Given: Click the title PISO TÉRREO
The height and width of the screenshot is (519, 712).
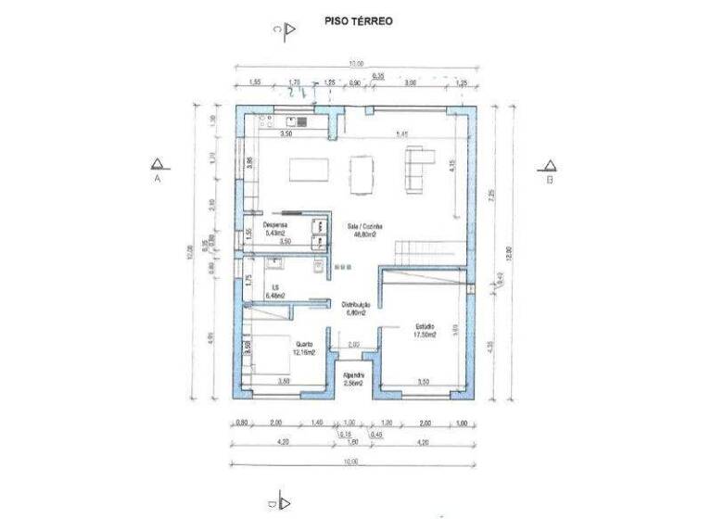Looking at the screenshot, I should point(357,19).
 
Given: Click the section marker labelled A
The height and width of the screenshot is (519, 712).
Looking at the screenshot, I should point(159,168).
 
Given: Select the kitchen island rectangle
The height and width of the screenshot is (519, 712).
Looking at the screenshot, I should point(308,170).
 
